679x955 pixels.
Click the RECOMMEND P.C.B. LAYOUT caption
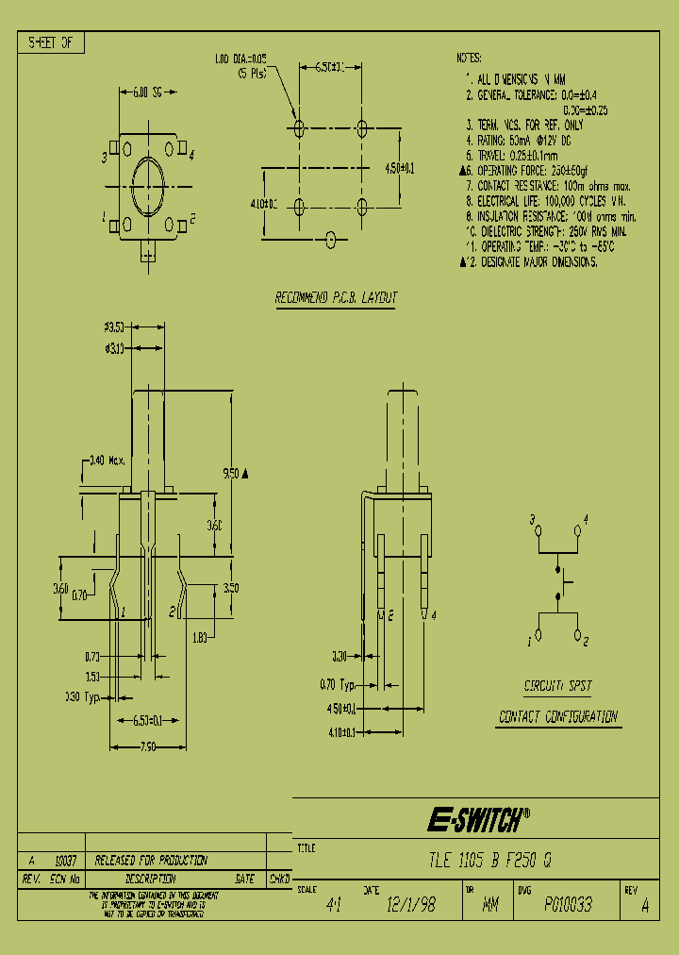[x=336, y=298]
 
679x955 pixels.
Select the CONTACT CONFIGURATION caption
[x=557, y=717]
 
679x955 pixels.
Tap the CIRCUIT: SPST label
[x=557, y=687]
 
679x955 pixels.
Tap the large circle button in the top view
[x=148, y=184]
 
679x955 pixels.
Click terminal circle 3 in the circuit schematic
[x=539, y=530]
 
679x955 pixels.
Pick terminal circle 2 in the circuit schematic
[x=577, y=634]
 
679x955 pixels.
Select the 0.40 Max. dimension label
[x=105, y=461]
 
